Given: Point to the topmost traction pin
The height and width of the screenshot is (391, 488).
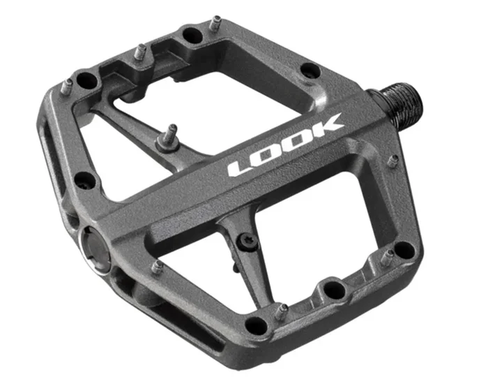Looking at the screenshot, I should [x=215, y=22].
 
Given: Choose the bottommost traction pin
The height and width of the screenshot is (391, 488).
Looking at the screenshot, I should [x=278, y=311].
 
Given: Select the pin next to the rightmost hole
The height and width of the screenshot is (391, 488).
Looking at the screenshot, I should [x=386, y=257].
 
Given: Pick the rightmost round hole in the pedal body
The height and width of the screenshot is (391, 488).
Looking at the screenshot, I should [x=404, y=249].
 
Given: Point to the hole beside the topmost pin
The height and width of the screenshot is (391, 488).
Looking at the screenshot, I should [x=190, y=33].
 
